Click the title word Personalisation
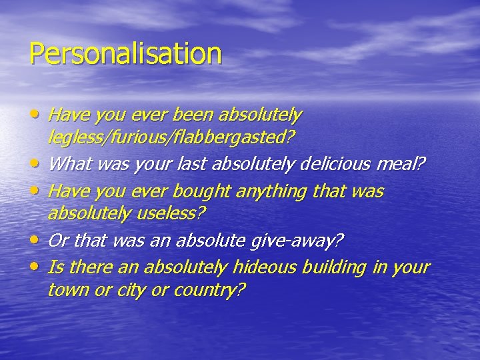point(125,53)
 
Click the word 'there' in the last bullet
point(87,268)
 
